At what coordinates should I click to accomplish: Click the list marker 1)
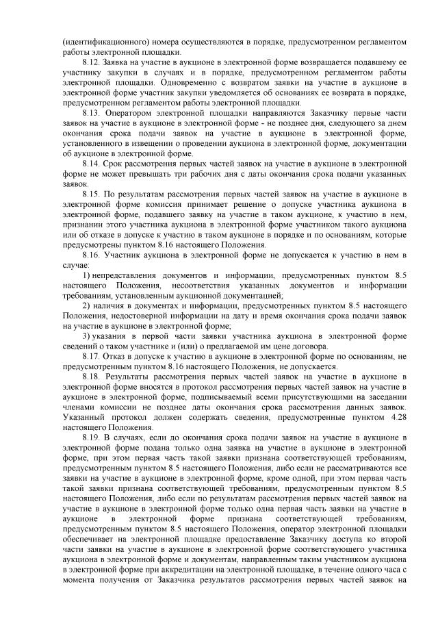[x=87, y=275]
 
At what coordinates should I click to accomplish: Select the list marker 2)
[x=87, y=305]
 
